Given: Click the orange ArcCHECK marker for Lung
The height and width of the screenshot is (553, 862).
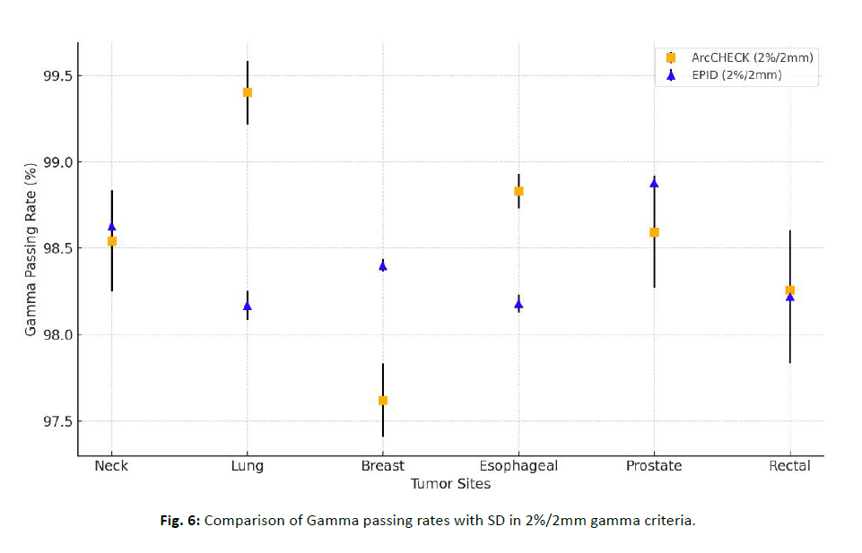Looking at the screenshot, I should (248, 92).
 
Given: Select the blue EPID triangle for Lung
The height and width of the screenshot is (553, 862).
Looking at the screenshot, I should (248, 306).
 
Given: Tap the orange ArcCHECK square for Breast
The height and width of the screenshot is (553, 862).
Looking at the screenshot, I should (383, 401).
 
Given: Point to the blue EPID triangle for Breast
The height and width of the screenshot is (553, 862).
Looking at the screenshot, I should (383, 265).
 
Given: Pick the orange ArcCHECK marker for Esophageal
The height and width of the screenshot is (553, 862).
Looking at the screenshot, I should (518, 191).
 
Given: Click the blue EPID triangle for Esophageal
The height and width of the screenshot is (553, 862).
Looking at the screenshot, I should (518, 304).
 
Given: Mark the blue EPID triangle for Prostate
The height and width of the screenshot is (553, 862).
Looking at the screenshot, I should (654, 183).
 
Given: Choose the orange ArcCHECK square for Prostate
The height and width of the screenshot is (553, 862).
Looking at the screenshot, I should (654, 232).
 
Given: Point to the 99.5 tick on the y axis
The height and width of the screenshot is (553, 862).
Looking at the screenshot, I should (56, 76).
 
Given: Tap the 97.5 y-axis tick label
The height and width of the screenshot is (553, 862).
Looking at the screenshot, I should (56, 421).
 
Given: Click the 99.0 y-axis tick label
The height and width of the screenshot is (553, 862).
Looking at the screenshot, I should (56, 162).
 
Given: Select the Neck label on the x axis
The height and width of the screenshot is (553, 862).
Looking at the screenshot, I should (111, 466).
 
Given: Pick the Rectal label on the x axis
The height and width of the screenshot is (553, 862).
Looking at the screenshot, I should (789, 466).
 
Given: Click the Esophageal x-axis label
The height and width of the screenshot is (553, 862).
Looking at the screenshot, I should (518, 466).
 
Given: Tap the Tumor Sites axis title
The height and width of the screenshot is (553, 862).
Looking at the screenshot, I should (450, 484).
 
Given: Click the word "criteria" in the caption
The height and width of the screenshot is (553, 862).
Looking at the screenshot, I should (669, 521).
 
